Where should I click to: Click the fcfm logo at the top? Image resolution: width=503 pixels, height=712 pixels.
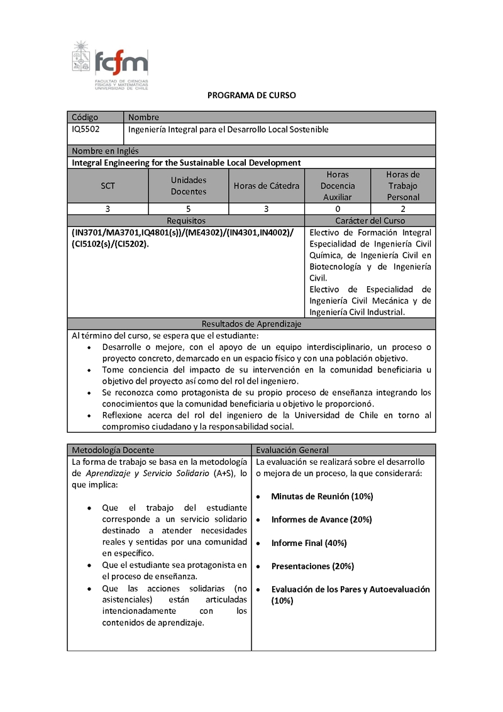[111, 65]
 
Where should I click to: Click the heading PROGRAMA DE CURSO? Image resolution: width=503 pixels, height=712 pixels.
[251, 96]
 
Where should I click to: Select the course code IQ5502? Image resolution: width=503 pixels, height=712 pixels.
[86, 129]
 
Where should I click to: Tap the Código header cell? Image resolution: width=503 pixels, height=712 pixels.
[85, 117]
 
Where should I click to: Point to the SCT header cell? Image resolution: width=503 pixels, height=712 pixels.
[108, 186]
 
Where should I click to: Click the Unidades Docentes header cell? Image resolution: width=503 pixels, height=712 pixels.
[189, 186]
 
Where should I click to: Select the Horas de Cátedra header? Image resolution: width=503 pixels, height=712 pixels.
[267, 186]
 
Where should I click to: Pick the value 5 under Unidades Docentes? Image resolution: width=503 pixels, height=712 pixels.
[189, 209]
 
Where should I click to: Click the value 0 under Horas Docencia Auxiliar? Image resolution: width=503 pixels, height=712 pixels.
[338, 209]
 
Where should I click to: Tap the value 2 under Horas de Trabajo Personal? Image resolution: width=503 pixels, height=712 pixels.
[403, 209]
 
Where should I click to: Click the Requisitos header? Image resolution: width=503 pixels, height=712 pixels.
[186, 221]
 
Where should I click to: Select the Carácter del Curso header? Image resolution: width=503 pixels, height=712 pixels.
[370, 221]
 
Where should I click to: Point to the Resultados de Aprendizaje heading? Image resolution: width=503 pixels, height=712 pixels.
[251, 324]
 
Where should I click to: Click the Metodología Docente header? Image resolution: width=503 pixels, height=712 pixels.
[113, 450]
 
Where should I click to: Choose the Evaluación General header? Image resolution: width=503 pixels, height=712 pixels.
[292, 450]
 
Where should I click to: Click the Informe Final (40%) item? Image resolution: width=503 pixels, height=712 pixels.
[309, 543]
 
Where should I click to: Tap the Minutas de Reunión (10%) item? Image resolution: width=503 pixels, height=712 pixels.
[322, 496]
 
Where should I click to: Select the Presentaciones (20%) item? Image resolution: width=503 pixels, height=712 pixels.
[312, 566]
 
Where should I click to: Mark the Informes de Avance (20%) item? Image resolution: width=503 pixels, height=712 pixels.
[321, 520]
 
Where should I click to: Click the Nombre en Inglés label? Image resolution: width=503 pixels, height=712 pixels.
[105, 151]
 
